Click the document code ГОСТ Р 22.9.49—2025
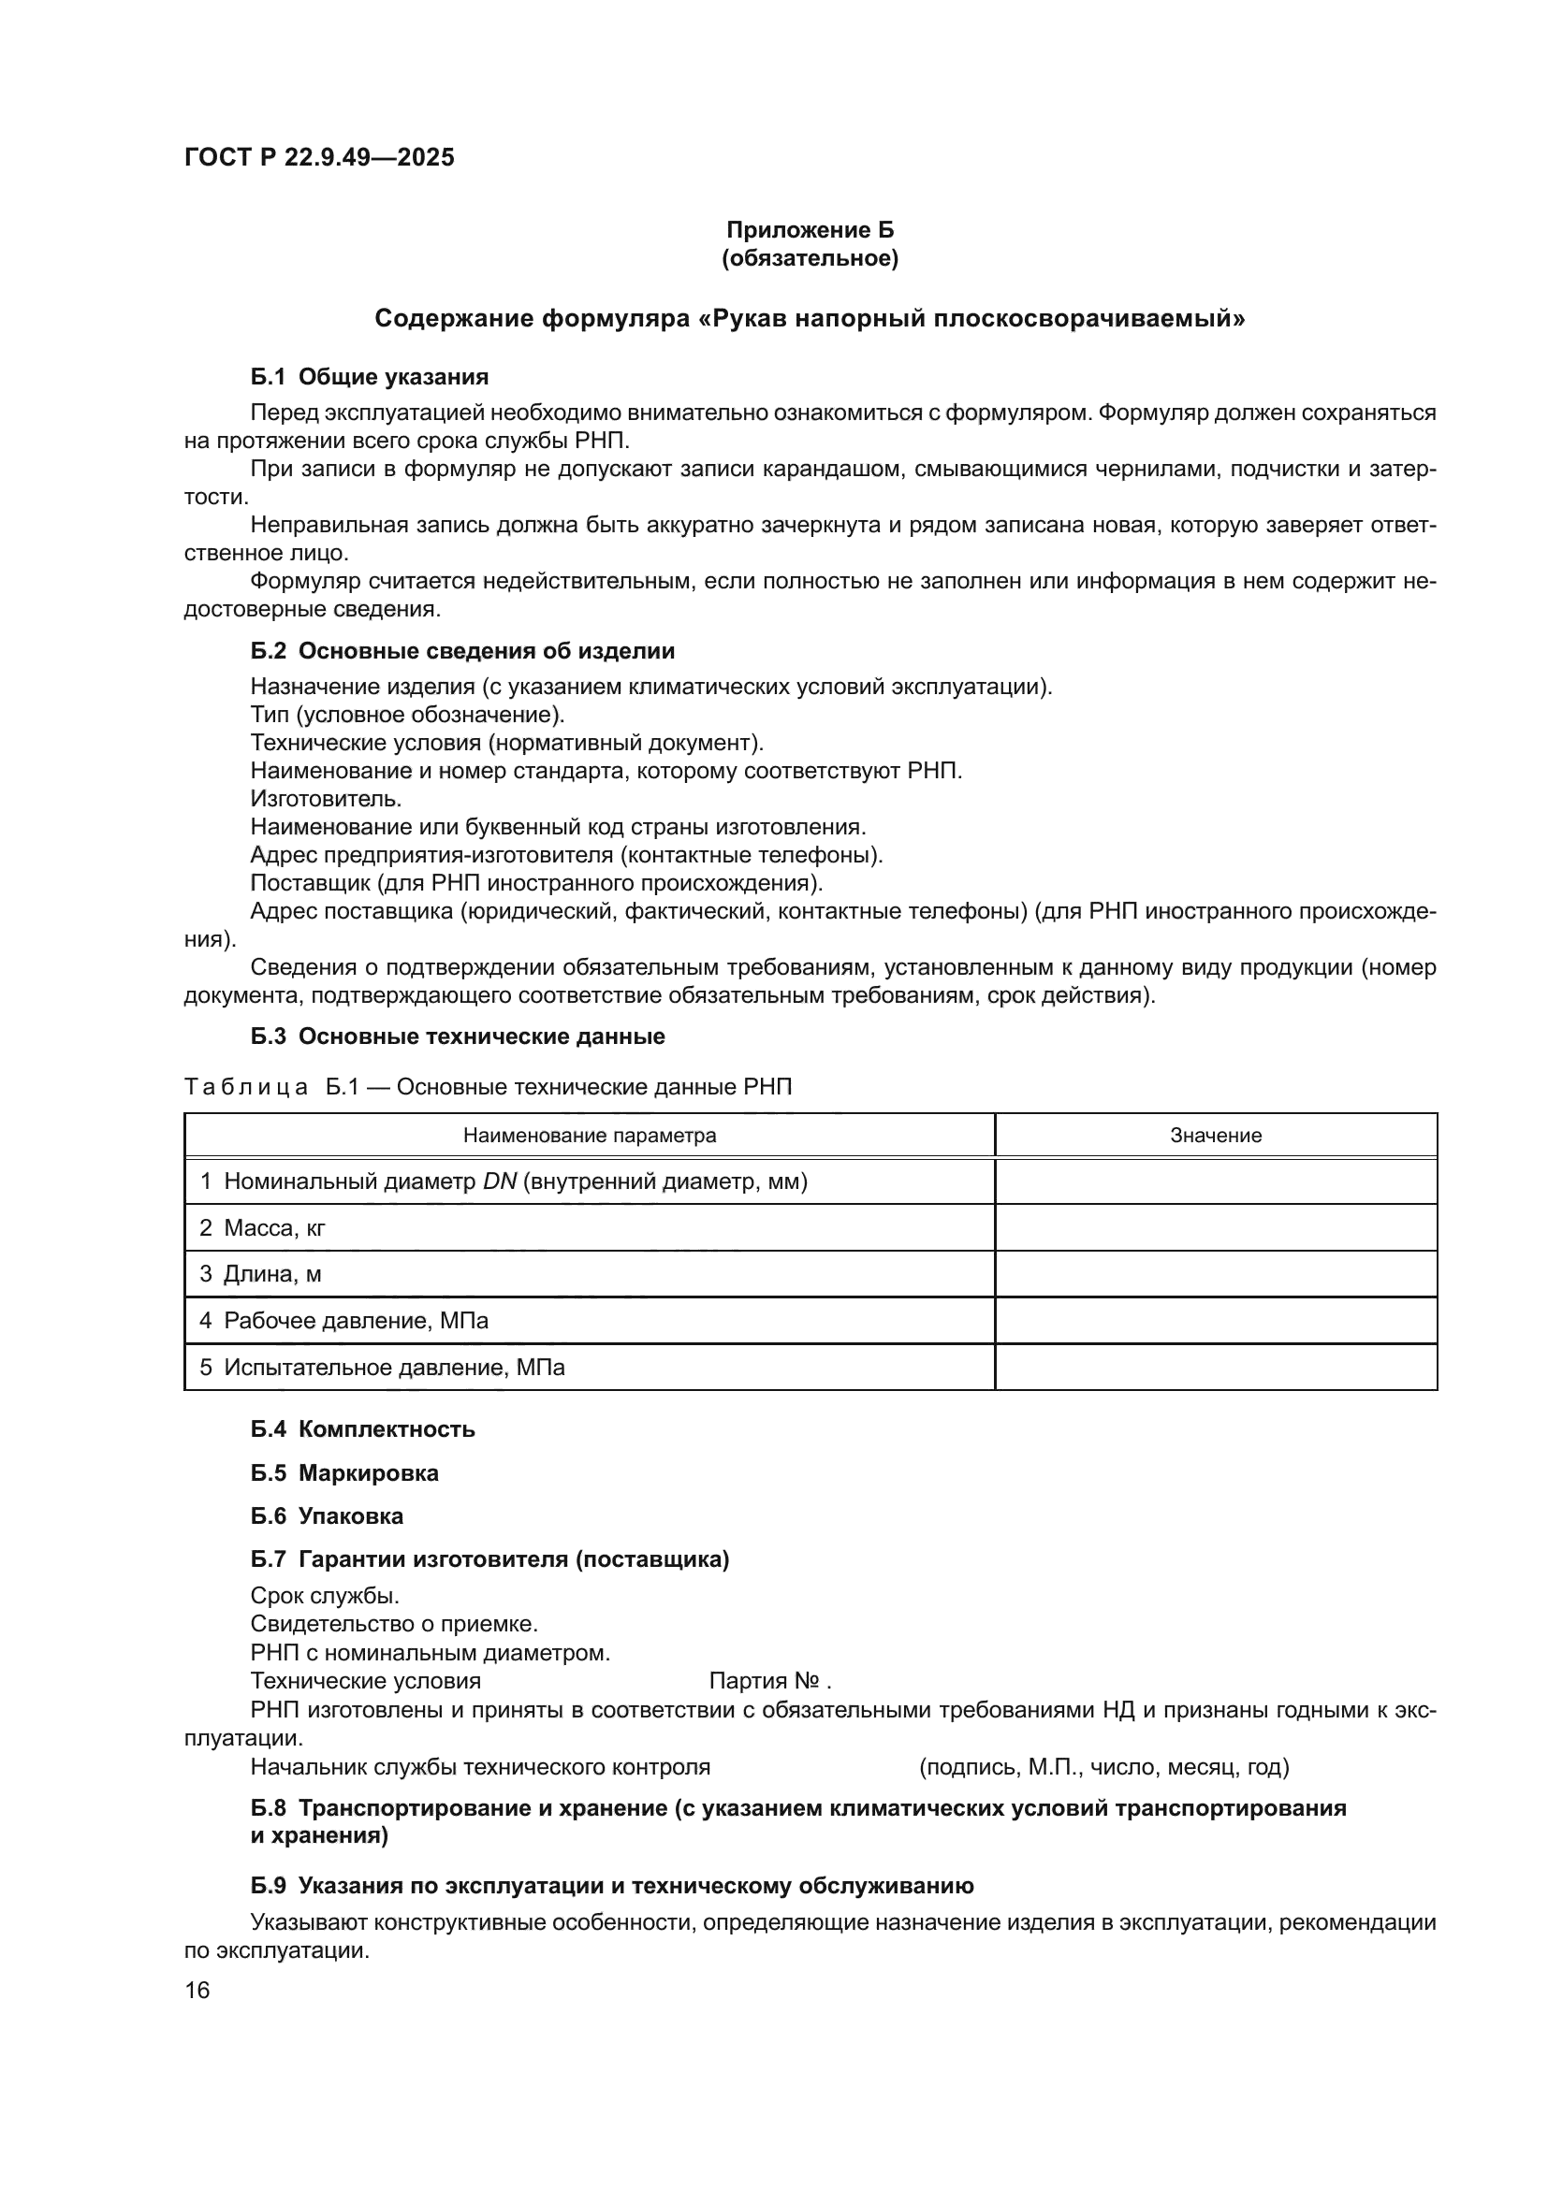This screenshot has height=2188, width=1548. pyautogui.click(x=319, y=158)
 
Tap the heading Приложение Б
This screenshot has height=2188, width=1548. pyautogui.click(x=811, y=231)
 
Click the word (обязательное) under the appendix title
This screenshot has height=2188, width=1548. pyautogui.click(x=811, y=258)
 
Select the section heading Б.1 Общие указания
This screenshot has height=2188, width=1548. pyautogui.click(x=370, y=377)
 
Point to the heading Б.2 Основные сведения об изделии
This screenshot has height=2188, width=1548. pyautogui.click(x=462, y=652)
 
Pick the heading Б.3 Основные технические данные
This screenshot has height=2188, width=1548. pyautogui.click(x=458, y=1036)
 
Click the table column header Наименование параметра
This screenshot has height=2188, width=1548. pyautogui.click(x=589, y=1136)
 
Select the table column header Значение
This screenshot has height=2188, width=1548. pyautogui.click(x=1216, y=1136)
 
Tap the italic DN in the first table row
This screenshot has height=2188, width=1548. pyautogui.click(x=500, y=1182)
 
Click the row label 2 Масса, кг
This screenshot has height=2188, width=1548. pyautogui.click(x=262, y=1229)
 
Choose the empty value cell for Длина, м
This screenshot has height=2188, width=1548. pyautogui.click(x=1216, y=1275)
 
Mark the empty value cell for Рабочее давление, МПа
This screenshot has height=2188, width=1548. pyautogui.click(x=1216, y=1322)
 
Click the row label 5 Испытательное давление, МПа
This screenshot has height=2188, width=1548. pyautogui.click(x=381, y=1369)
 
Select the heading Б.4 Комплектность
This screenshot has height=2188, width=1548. pyautogui.click(x=362, y=1429)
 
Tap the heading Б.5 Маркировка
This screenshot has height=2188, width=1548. pyautogui.click(x=344, y=1473)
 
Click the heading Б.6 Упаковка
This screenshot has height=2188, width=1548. pyautogui.click(x=327, y=1516)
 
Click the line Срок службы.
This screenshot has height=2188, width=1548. pyautogui.click(x=325, y=1595)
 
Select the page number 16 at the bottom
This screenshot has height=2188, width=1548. pyautogui.click(x=197, y=1991)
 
